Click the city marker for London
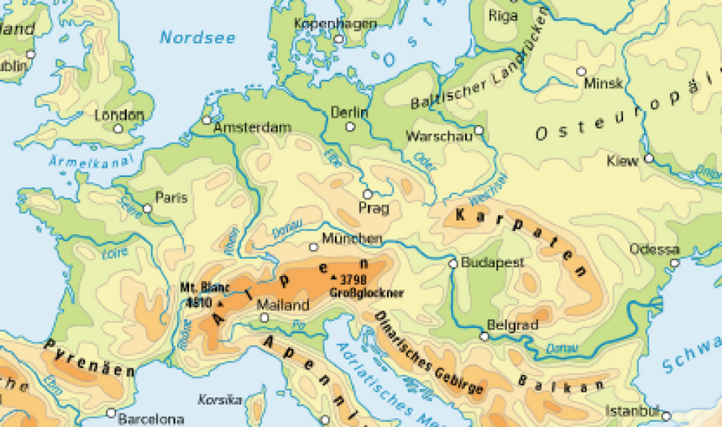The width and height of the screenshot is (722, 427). (118, 129)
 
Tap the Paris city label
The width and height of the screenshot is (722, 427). (171, 197)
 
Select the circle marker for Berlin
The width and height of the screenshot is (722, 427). (350, 126)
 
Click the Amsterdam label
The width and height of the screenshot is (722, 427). (253, 128)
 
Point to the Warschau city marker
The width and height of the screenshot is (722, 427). (478, 131)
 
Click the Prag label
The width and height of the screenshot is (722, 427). (374, 209)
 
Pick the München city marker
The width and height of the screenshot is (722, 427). (313, 247)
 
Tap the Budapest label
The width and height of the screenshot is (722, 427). (492, 263)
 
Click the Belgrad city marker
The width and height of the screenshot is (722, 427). (483, 336)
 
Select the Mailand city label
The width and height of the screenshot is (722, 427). (283, 305)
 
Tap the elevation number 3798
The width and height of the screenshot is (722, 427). (353, 278)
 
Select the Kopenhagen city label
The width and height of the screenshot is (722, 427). (336, 24)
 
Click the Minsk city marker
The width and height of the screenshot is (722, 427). (581, 71)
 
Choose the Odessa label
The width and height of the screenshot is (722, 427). (654, 249)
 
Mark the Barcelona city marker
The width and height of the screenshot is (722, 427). (110, 413)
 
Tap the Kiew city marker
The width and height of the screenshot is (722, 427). (649, 158)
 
